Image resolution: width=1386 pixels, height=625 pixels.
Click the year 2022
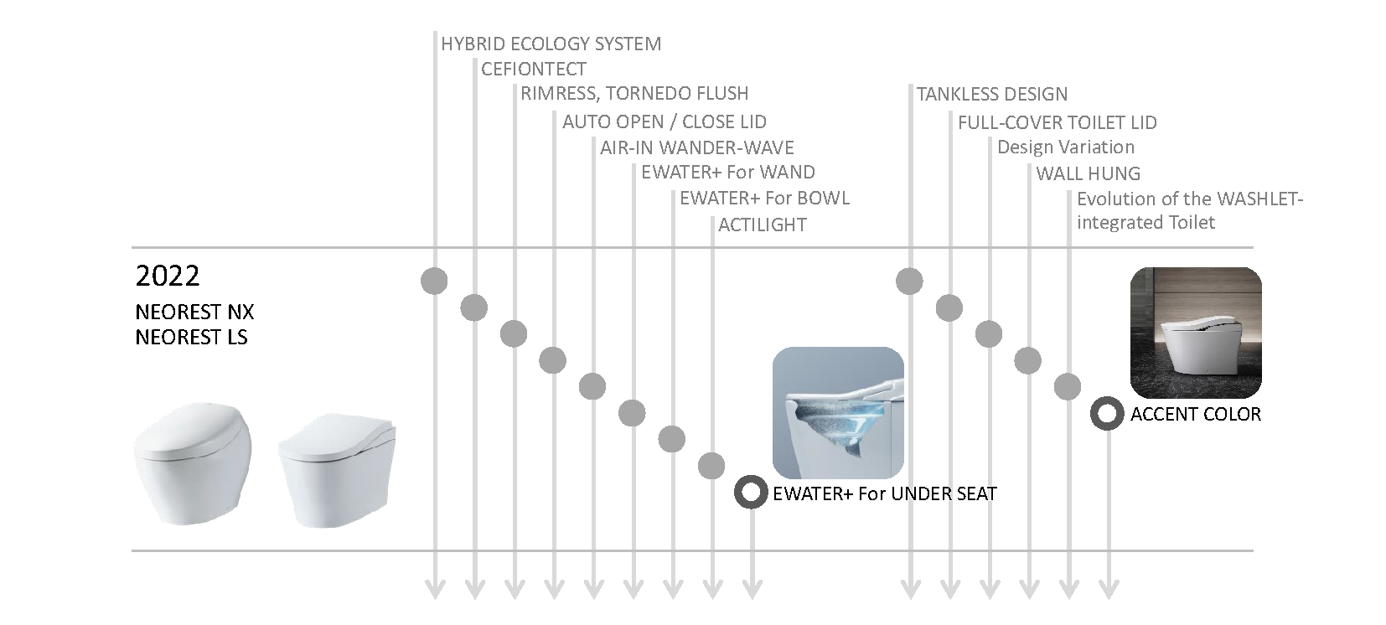tap(168, 276)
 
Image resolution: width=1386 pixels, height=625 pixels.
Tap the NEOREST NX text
tap(194, 312)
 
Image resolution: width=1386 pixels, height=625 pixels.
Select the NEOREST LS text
tap(191, 338)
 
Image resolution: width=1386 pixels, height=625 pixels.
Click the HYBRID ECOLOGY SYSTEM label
tap(551, 44)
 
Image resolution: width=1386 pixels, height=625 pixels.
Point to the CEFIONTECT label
tap(533, 69)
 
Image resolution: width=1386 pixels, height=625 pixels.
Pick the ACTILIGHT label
tap(762, 225)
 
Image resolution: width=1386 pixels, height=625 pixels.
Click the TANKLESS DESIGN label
tap(991, 94)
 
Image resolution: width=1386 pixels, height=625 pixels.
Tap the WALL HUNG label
tap(1088, 173)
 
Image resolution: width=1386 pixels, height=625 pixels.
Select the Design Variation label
tap(1065, 147)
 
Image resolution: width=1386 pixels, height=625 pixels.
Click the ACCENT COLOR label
tap(1195, 414)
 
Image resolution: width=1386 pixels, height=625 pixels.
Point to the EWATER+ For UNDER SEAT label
tap(884, 493)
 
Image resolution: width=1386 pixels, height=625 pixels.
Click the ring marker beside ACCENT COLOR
tap(1107, 414)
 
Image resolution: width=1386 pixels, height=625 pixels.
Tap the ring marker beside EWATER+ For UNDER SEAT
tap(751, 492)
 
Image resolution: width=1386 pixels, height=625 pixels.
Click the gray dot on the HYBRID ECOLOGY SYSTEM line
tap(434, 281)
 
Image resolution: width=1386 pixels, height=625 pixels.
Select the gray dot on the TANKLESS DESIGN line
tap(909, 281)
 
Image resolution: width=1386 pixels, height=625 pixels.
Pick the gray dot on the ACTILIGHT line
tap(711, 466)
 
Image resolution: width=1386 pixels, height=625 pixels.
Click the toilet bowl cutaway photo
tap(837, 412)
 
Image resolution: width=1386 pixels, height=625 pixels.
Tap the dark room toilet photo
tap(1195, 332)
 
